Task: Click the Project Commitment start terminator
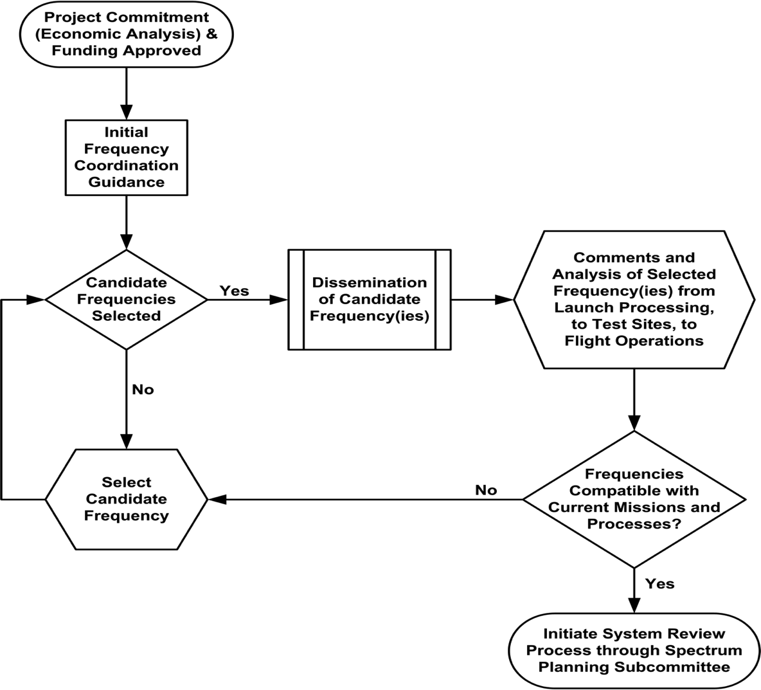[126, 34]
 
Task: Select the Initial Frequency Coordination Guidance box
[126, 158]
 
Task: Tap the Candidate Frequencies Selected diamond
[126, 300]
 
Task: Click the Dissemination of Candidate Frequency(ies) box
[370, 300]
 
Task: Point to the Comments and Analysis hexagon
[634, 300]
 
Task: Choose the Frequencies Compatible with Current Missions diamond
[634, 499]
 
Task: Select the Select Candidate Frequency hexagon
[126, 499]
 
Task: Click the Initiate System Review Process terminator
[634, 650]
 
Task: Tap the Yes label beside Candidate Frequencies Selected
[235, 291]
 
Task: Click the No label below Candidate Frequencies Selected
[143, 390]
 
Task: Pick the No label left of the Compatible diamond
[486, 490]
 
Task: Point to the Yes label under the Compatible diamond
[659, 584]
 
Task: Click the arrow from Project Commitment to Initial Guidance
[126, 94]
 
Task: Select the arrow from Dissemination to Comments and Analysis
[483, 300]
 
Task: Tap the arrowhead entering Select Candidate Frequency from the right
[217, 499]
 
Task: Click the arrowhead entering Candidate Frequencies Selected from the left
[36, 300]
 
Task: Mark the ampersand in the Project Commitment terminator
[211, 34]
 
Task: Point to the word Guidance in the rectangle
[126, 182]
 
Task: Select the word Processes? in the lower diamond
[634, 525]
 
